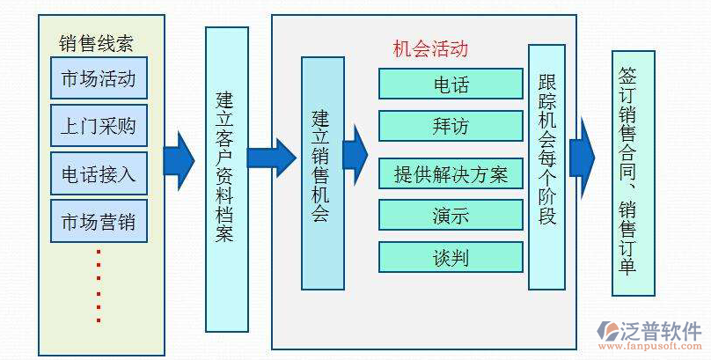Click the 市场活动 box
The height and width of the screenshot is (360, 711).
click(99, 79)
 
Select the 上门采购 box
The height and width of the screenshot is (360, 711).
click(99, 126)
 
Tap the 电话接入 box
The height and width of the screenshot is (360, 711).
click(99, 173)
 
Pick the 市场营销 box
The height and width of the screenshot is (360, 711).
click(99, 220)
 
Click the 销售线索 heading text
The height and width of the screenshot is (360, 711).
click(96, 43)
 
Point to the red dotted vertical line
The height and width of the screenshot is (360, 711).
click(99, 286)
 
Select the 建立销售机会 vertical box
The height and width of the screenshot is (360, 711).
click(322, 173)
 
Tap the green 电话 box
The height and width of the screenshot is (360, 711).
click(451, 84)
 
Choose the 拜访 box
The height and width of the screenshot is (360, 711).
click(451, 126)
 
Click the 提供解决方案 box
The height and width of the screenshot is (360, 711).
click(451, 173)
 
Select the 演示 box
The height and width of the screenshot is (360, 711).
click(451, 216)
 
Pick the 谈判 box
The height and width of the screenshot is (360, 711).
click(451, 257)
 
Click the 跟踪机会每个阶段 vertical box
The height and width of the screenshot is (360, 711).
click(546, 167)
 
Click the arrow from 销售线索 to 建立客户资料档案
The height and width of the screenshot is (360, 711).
click(180, 159)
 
